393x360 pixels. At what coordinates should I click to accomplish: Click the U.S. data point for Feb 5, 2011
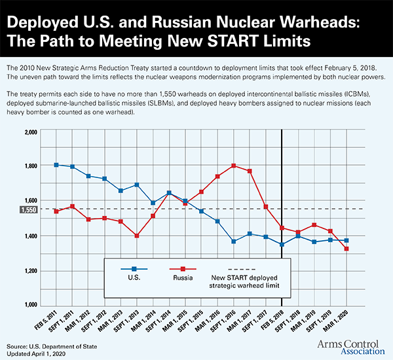(x=56, y=165)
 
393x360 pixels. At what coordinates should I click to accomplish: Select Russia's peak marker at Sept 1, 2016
(x=234, y=166)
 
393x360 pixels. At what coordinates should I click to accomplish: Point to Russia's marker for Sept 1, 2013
(x=136, y=236)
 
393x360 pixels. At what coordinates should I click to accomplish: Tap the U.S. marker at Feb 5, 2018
(x=282, y=245)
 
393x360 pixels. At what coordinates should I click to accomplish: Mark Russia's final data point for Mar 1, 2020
(x=346, y=249)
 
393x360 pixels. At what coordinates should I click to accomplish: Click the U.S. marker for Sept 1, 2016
(x=234, y=242)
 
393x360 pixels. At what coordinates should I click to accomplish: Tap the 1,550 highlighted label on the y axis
(x=29, y=209)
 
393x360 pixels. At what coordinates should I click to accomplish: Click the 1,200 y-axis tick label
(x=30, y=270)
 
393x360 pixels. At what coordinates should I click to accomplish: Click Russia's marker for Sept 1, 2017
(x=266, y=207)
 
